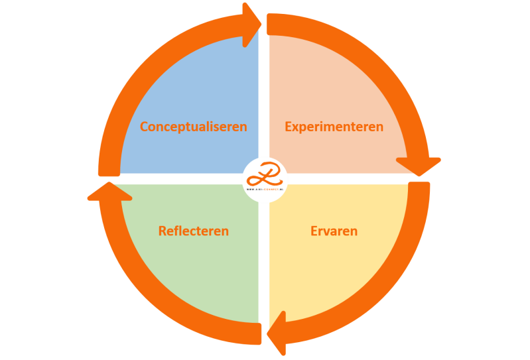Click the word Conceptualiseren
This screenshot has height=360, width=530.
(x=193, y=127)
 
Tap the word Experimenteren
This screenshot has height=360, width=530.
(x=334, y=127)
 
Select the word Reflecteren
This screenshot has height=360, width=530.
(x=193, y=231)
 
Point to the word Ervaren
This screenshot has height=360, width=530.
(x=334, y=231)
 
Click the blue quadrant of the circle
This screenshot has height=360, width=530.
(x=199, y=86)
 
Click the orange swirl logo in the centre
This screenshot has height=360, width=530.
(x=265, y=176)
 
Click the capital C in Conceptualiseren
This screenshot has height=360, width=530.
(x=144, y=127)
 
